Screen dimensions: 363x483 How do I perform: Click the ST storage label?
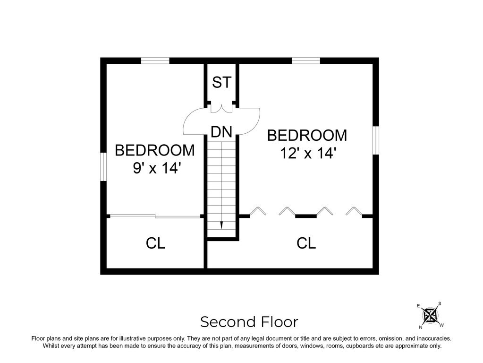click(x=221, y=82)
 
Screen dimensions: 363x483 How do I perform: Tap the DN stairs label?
click(x=221, y=132)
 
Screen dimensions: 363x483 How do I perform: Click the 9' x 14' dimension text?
click(x=157, y=168)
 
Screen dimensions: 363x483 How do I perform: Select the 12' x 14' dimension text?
click(x=307, y=153)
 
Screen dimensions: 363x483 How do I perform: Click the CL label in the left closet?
click(x=155, y=243)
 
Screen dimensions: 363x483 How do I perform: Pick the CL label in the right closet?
click(x=306, y=243)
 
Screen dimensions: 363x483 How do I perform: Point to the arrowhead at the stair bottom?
click(x=221, y=225)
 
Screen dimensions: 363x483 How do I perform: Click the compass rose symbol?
click(x=430, y=315)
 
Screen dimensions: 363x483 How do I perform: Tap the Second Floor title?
click(x=249, y=322)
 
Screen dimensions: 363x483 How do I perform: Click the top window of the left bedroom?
click(x=155, y=60)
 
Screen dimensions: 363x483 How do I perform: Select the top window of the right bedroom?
click(x=305, y=60)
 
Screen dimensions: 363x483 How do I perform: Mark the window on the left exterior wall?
click(x=103, y=167)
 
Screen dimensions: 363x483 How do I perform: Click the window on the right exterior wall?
click(x=376, y=140)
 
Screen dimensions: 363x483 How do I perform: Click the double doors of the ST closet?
click(x=221, y=108)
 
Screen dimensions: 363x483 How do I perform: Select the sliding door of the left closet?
click(x=155, y=216)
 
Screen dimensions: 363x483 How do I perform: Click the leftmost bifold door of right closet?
click(x=257, y=211)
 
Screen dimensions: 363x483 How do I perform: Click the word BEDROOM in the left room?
click(x=154, y=150)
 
